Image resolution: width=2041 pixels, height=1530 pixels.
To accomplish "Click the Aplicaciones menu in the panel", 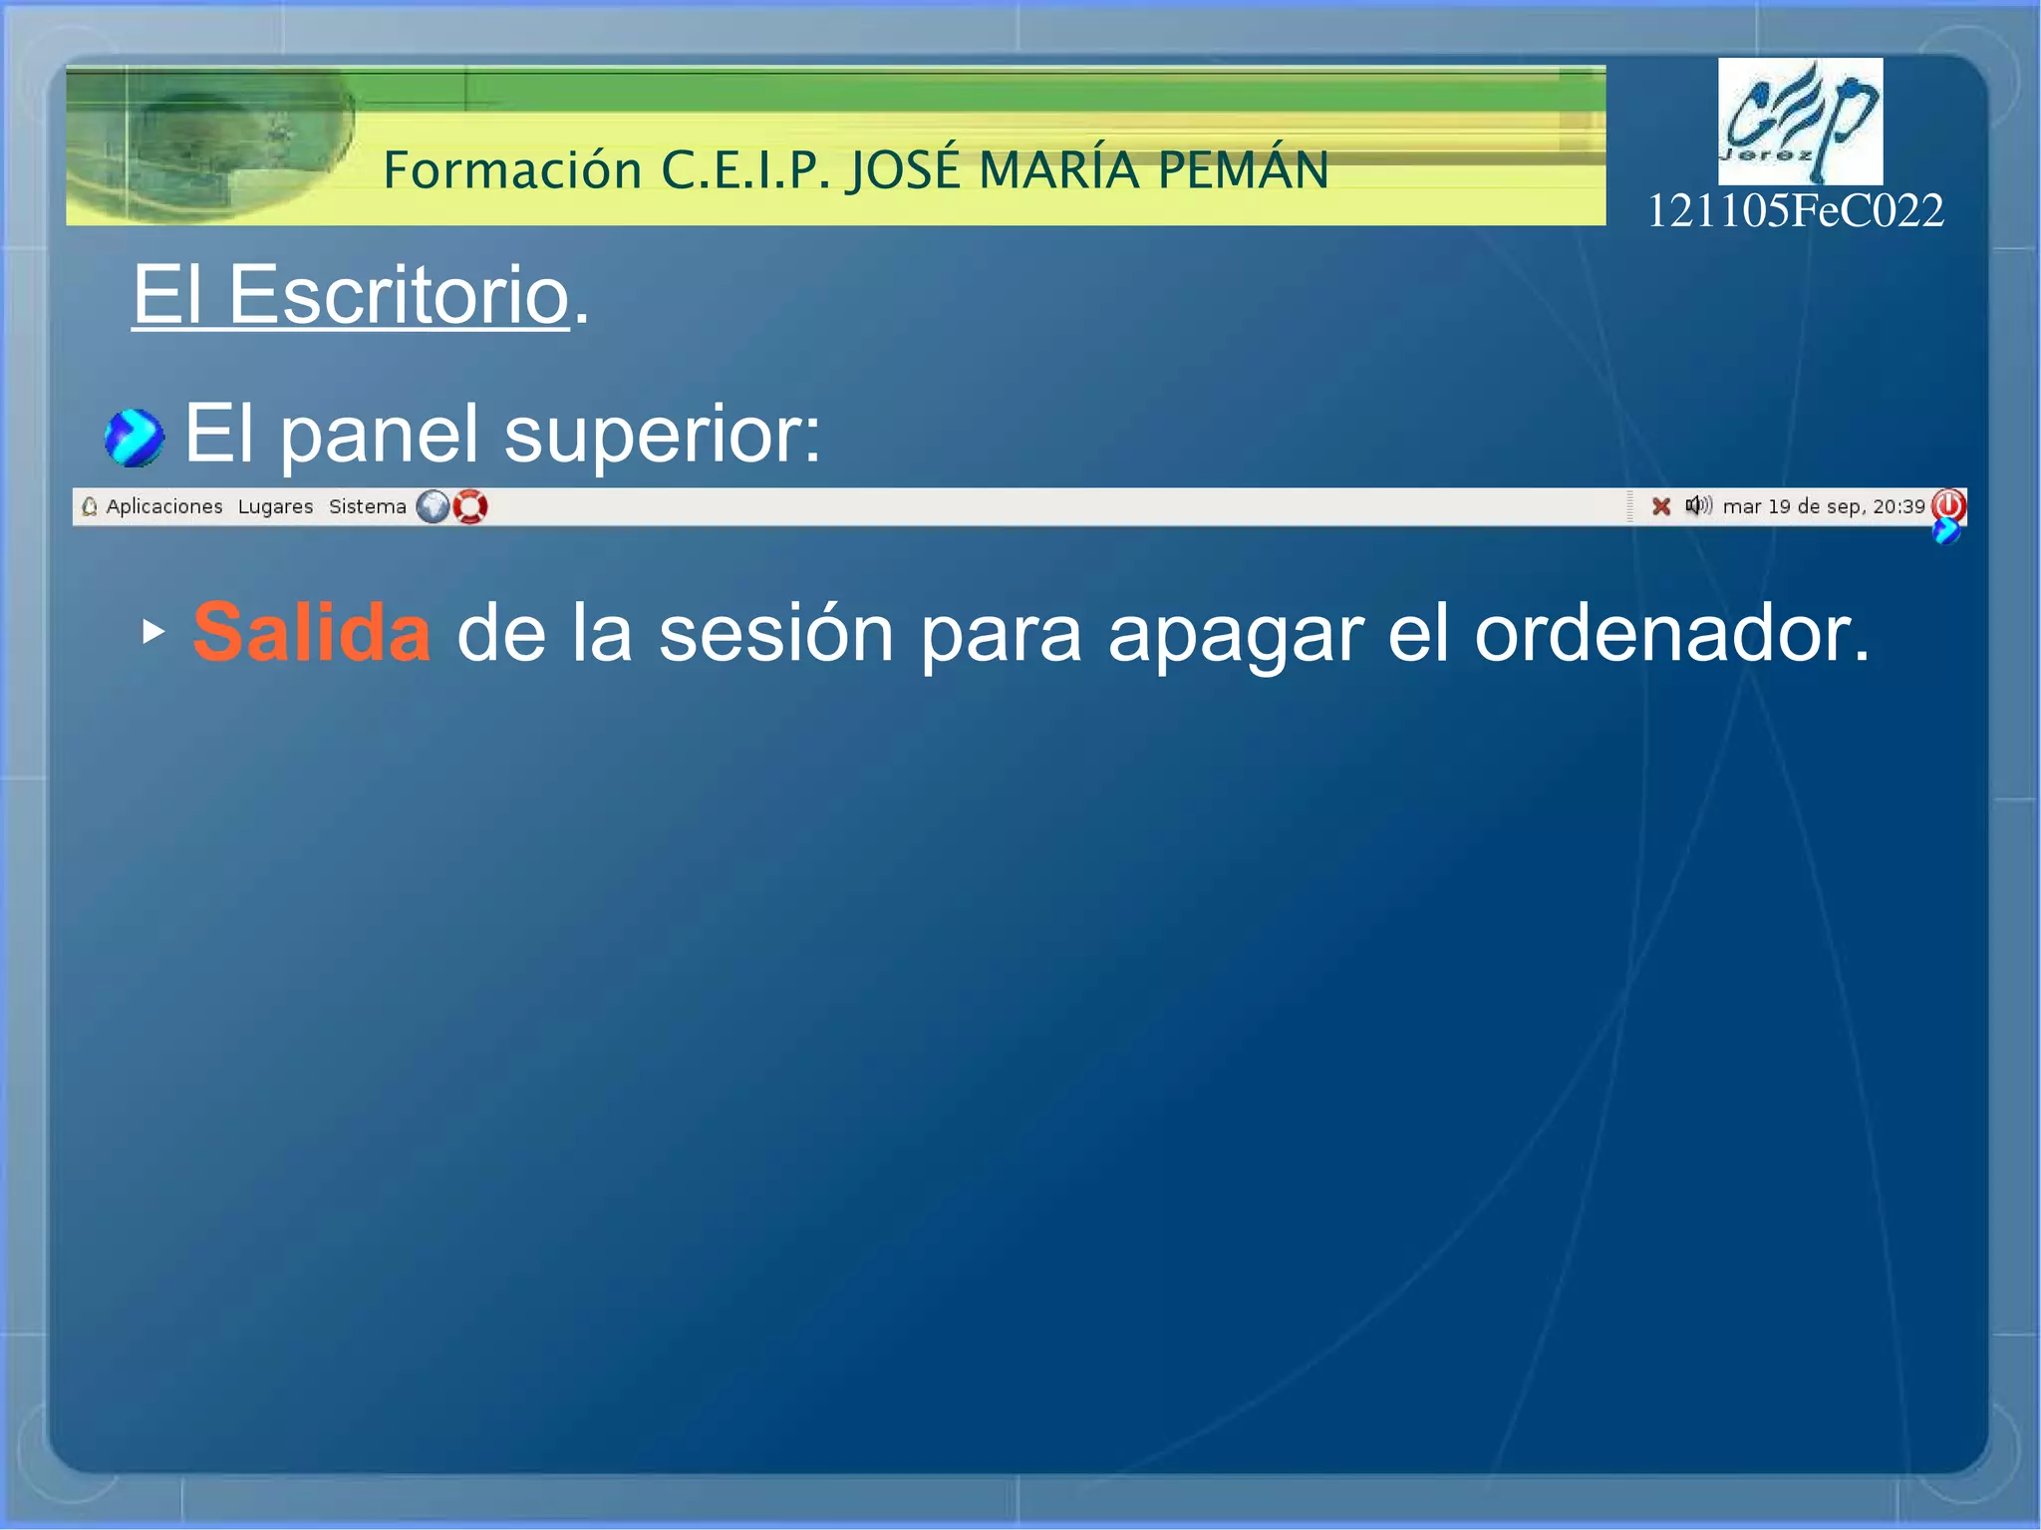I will pyautogui.click(x=163, y=506).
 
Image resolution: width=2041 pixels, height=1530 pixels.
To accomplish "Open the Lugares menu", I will pyautogui.click(x=275, y=506).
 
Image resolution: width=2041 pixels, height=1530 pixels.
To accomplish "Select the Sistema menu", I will pyautogui.click(x=367, y=506).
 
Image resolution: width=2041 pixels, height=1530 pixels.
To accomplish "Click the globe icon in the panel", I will pyautogui.click(x=433, y=507).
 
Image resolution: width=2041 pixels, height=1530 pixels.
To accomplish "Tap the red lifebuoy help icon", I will pyautogui.click(x=470, y=507).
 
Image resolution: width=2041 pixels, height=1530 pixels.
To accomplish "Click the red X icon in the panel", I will pyautogui.click(x=1660, y=506).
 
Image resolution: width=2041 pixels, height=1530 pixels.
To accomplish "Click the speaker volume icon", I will pyautogui.click(x=1697, y=505).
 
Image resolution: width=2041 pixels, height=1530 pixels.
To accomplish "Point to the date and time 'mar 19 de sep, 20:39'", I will pyautogui.click(x=1823, y=506).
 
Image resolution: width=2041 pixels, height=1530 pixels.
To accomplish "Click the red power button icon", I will pyautogui.click(x=1948, y=505).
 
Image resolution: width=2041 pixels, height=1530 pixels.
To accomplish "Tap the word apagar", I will pyautogui.click(x=1235, y=634).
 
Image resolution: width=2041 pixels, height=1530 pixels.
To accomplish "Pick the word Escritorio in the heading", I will pyautogui.click(x=399, y=295).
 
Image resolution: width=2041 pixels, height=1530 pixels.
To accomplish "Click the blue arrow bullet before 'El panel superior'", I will pyautogui.click(x=134, y=438).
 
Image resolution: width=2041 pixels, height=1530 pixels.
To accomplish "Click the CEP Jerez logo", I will pyautogui.click(x=1800, y=122).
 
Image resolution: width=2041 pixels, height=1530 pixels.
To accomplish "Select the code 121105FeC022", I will pyautogui.click(x=1795, y=210).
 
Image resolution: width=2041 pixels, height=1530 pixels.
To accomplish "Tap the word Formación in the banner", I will pyautogui.click(x=512, y=169).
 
